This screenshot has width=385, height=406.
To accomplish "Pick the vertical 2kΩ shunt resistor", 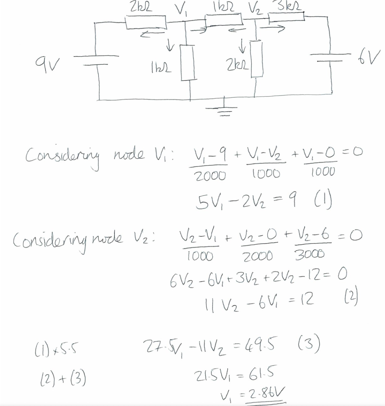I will tap(257, 59).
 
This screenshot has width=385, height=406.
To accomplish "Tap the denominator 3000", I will tap(309, 255).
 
